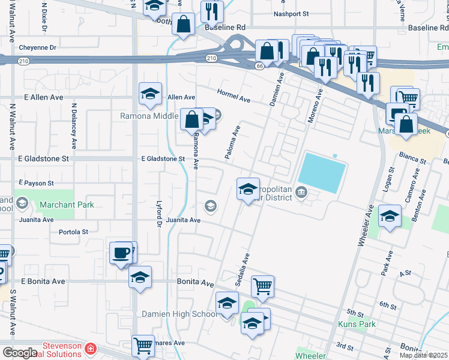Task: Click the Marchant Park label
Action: point(67,205)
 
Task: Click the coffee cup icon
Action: point(121,252)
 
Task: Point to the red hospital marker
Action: point(90,348)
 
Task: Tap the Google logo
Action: point(20,353)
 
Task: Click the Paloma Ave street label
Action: point(232,143)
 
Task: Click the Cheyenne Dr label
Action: point(37,47)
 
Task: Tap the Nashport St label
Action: point(291,13)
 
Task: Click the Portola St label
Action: point(73,232)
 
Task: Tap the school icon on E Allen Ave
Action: point(150,93)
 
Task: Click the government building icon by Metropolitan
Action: point(301,193)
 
